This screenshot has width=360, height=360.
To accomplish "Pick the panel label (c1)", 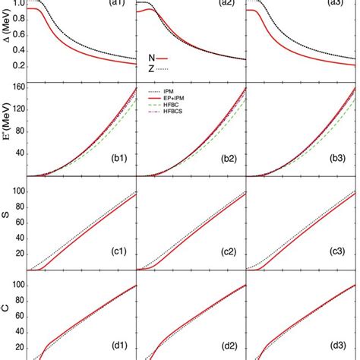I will click(117, 252).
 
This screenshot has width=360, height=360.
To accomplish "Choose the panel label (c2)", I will click(229, 252).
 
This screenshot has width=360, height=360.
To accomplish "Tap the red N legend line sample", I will click(161, 57).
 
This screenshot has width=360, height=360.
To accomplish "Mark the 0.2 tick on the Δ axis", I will click(17, 66).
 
